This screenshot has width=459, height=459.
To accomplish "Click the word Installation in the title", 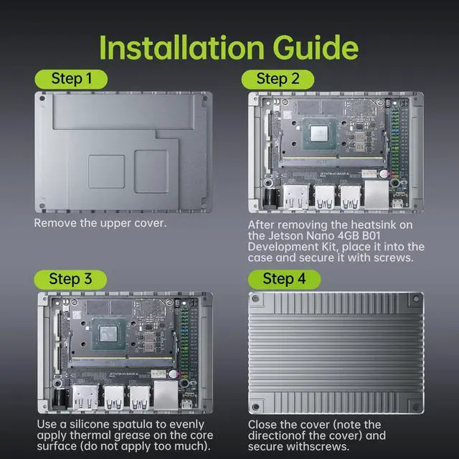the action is pos(181,47).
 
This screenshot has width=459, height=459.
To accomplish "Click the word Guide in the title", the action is pos(316,47).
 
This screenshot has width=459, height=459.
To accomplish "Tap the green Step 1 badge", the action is pos(71,79).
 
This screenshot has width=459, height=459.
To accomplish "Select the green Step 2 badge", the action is pos(278,80).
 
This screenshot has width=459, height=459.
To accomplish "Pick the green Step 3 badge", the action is pos(70,280).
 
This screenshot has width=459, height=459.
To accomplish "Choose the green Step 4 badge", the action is pos(284,279).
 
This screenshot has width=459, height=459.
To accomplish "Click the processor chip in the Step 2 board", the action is pos(319,134).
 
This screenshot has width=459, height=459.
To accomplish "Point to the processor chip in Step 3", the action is pos(109,334).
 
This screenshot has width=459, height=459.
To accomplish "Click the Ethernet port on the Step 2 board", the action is pos(377,195).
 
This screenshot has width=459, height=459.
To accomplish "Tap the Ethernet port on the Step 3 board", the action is pos(166,395).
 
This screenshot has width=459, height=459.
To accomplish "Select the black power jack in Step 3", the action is pos(61,398).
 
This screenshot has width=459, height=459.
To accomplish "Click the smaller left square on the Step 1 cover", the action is pos(107,171).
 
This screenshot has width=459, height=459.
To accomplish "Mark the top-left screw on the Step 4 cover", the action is pos(255,299).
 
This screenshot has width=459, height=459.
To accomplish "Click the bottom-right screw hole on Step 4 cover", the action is pos(416,407).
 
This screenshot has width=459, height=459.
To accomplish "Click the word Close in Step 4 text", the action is pos(261,425).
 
